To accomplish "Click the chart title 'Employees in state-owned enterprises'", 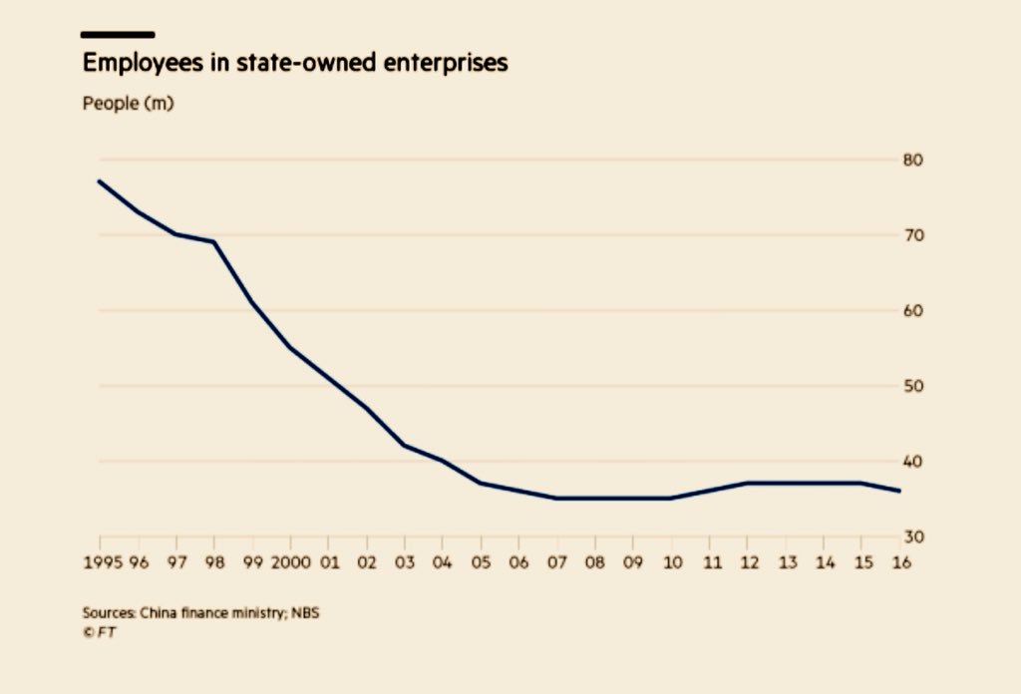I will [295, 64].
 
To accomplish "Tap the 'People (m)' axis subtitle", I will [128, 104].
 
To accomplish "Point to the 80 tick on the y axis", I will [913, 161].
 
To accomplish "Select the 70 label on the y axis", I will [913, 235].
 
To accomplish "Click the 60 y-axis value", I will [913, 311].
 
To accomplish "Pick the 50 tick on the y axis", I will [913, 386].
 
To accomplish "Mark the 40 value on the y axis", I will [913, 462].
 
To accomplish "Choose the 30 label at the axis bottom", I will [913, 537].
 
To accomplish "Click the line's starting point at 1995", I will [100, 181].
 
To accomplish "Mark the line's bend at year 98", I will [214, 242].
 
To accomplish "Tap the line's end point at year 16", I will [900, 491].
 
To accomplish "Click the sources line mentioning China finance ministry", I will [200, 612].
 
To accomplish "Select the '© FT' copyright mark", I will [99, 631].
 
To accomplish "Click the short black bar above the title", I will [118, 35].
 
